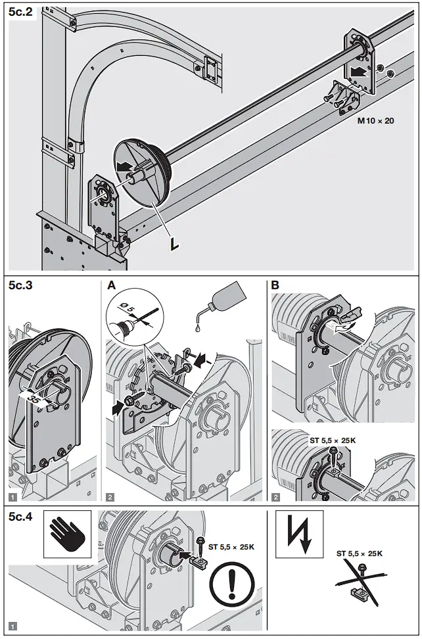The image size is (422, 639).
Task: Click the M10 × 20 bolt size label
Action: [x=375, y=121]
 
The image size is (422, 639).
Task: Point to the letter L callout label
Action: [x=174, y=244]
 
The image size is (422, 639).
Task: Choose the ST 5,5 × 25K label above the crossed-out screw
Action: [x=359, y=554]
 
